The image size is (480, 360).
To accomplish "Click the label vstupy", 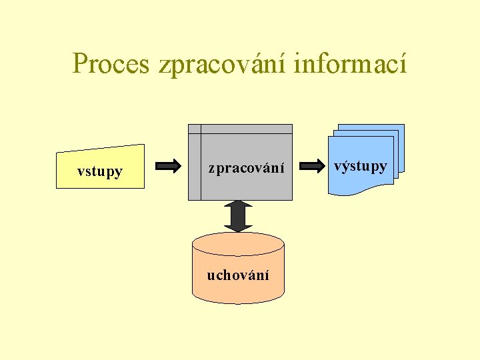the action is click(100, 171).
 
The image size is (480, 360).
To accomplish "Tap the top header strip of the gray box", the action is click(247, 129).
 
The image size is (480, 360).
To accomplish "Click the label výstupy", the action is click(360, 166).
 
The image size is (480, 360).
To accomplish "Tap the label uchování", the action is click(238, 275).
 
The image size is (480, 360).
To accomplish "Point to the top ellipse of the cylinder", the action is click(238, 243).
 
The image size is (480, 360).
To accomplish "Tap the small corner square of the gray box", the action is click(194, 129).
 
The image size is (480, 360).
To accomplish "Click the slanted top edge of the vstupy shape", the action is click(100, 149).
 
